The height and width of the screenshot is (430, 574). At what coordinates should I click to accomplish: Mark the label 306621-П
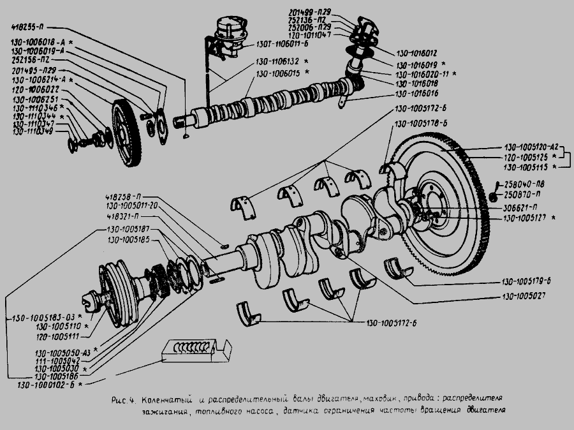click(519, 208)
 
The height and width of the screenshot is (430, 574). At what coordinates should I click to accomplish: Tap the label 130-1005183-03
click(41, 318)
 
